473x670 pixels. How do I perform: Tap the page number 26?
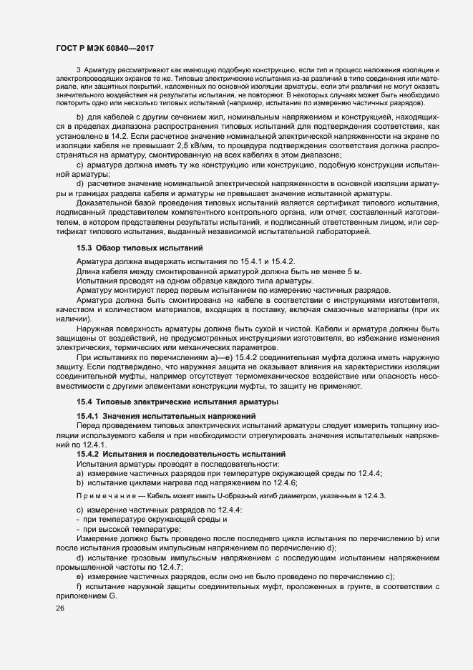click(59, 608)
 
